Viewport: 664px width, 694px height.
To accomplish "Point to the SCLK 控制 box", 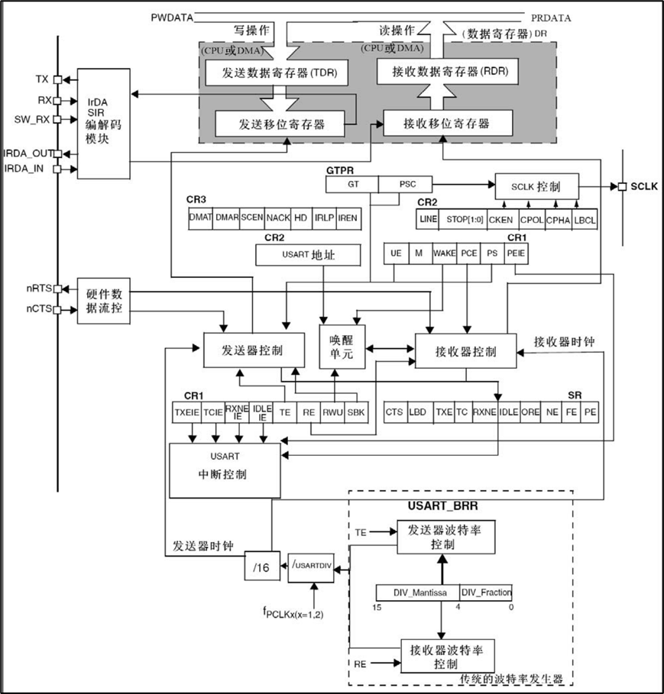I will [x=536, y=186].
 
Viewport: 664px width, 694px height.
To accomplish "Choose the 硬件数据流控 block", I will [x=104, y=301].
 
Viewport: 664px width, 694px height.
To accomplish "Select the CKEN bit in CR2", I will [x=501, y=220].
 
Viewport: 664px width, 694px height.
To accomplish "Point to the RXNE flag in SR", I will [x=484, y=412].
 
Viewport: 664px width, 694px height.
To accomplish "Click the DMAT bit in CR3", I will [x=199, y=218].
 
